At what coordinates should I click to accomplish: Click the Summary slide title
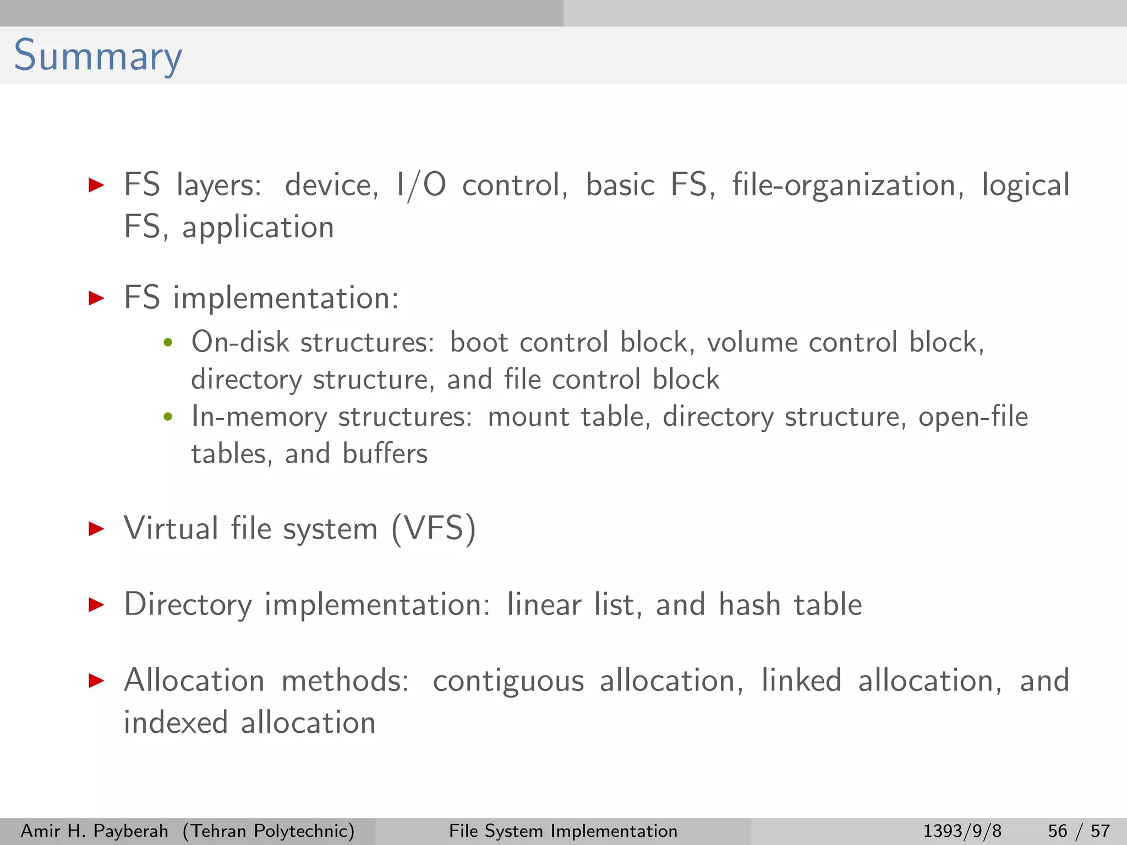tap(97, 56)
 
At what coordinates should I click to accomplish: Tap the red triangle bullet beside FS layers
tap(96, 185)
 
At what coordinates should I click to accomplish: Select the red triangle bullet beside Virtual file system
tap(96, 529)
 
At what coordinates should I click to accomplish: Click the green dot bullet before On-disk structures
tap(168, 343)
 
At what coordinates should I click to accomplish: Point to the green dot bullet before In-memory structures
tap(168, 417)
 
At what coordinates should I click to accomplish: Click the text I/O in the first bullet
tap(421, 185)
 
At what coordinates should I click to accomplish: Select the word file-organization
tap(847, 185)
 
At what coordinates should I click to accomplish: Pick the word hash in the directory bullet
tap(749, 604)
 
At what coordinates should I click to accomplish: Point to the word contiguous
tap(508, 681)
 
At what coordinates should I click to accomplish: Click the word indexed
tap(176, 722)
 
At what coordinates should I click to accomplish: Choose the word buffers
tap(385, 454)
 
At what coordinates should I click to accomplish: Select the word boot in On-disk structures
tap(479, 342)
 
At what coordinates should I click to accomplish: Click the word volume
tap(752, 342)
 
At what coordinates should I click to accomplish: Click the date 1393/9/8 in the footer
tap(962, 831)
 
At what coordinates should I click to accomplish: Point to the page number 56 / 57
tap(1079, 831)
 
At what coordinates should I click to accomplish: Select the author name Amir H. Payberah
tap(94, 831)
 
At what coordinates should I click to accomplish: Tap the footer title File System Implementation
tap(563, 831)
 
